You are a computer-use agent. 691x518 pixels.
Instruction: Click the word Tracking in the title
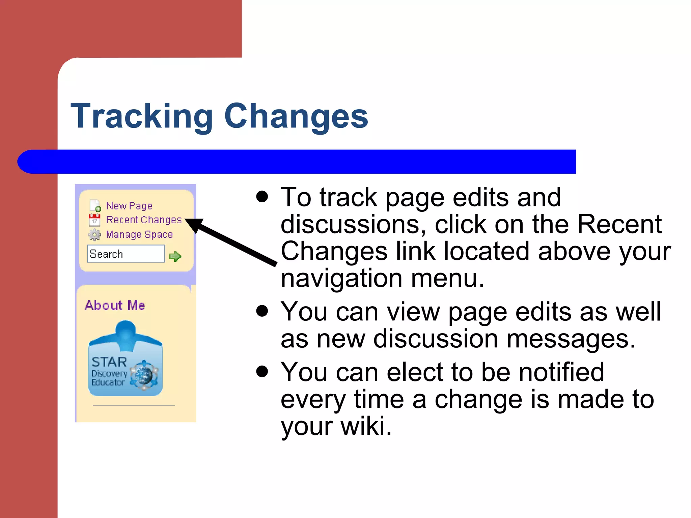tap(142, 116)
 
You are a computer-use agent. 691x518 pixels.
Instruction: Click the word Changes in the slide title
tap(296, 116)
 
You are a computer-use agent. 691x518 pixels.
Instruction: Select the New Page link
tap(129, 206)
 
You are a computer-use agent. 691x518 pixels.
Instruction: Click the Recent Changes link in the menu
tap(144, 220)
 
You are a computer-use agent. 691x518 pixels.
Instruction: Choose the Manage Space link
tap(139, 234)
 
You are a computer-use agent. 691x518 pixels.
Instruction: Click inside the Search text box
tap(126, 254)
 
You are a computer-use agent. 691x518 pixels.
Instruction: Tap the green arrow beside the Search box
tap(175, 256)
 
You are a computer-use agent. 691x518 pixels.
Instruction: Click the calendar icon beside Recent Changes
tap(94, 220)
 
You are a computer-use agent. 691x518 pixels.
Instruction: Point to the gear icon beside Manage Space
tap(94, 235)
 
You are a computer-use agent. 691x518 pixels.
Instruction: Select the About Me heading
tap(115, 305)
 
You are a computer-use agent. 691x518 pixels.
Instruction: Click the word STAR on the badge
tap(109, 362)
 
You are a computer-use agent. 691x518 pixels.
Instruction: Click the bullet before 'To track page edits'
tap(262, 197)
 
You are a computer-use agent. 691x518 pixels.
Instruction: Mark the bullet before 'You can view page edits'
tap(262, 311)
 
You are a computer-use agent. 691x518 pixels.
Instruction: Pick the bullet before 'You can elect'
tap(262, 371)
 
